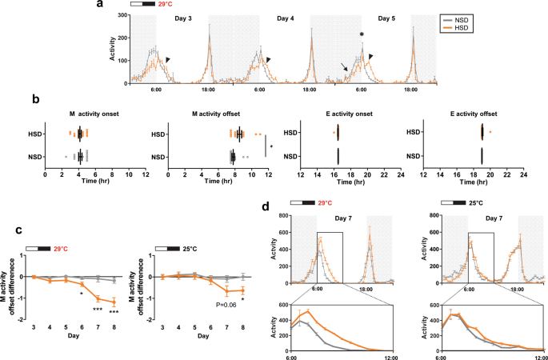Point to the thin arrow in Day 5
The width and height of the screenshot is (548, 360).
[343, 70]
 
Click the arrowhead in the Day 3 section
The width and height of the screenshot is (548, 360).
[166, 59]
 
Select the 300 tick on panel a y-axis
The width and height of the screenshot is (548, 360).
[121, 16]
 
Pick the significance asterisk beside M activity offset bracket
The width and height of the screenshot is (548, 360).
[271, 147]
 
